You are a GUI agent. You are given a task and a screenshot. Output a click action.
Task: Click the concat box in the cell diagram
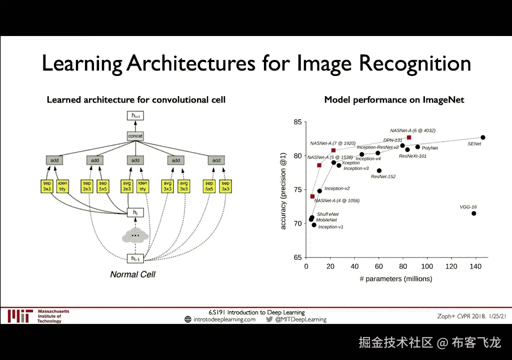point(135,136)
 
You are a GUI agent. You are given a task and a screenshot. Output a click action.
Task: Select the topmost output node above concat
point(135,116)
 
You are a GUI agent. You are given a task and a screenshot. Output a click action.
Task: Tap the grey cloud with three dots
point(134,235)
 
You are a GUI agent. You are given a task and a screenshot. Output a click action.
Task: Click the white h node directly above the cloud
point(134,212)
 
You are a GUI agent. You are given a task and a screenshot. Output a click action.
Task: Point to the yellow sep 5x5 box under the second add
point(102,186)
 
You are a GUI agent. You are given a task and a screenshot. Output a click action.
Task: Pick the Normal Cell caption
point(132,274)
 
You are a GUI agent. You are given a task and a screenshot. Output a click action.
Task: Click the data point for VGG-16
point(473,213)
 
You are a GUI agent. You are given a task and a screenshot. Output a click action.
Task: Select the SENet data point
point(483,137)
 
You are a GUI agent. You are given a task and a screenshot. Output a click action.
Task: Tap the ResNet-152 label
point(383,176)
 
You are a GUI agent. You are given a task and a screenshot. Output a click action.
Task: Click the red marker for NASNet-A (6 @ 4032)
point(409,137)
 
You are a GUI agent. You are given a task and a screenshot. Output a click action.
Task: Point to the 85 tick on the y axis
point(298,122)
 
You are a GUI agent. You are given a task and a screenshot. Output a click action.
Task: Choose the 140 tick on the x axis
point(475,267)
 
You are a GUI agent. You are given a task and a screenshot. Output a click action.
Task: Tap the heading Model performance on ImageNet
point(394,99)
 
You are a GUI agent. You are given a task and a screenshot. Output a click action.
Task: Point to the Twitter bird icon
point(269,319)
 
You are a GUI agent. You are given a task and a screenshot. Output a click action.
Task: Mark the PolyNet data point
point(417,147)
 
